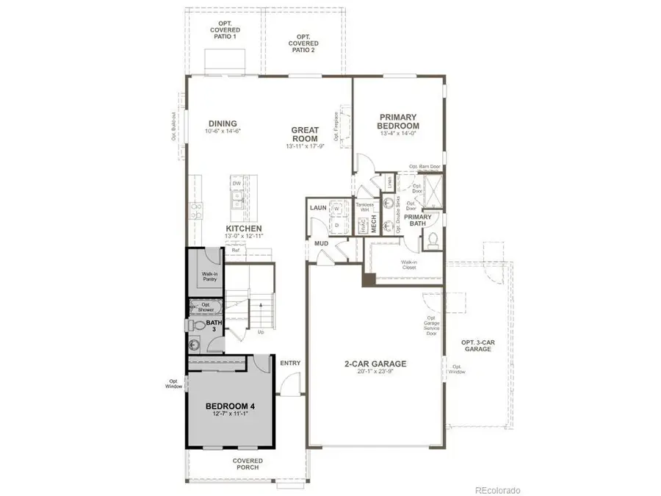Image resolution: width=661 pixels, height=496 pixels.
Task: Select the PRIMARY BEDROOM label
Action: (398, 121)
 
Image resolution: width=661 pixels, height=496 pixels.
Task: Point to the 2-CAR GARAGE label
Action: (375, 364)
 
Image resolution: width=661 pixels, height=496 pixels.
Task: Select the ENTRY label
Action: (290, 362)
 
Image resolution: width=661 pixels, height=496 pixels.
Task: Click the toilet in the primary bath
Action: (433, 238)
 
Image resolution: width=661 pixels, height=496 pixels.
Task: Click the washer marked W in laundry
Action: (337, 209)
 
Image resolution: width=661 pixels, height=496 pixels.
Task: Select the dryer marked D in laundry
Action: (337, 224)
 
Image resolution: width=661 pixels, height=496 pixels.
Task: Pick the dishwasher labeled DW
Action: (237, 184)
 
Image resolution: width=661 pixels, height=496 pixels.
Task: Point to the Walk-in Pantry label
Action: (209, 276)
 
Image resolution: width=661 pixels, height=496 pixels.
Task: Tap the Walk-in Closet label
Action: (409, 265)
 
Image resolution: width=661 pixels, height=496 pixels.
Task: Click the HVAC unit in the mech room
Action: (364, 228)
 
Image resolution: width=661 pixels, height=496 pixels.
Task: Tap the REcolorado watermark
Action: (497, 489)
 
